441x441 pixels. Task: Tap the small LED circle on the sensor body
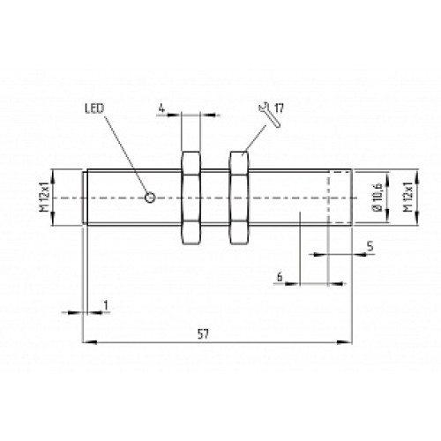click(151, 197)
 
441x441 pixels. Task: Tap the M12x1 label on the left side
click(41, 198)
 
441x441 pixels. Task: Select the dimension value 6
click(279, 277)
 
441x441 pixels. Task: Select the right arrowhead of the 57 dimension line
click(350, 341)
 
